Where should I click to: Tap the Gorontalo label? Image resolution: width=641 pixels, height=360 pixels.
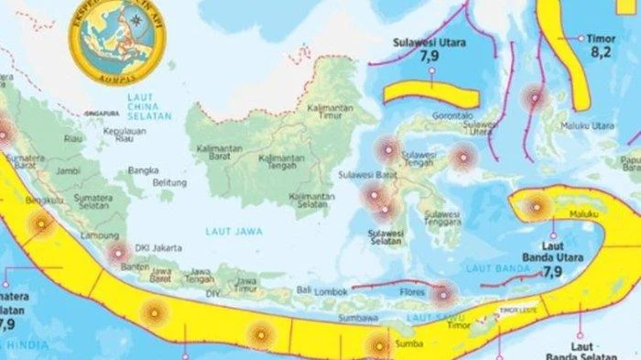click(x=453, y=117)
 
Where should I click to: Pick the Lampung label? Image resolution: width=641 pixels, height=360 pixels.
click(x=92, y=236)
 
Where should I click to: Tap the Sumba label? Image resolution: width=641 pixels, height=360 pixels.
click(x=409, y=344)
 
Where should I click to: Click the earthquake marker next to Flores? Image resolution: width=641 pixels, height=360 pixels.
click(x=442, y=294)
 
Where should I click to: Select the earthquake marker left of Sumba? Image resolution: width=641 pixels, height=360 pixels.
click(x=376, y=345)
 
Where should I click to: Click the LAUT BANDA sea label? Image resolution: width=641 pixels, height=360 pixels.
click(x=486, y=267)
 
